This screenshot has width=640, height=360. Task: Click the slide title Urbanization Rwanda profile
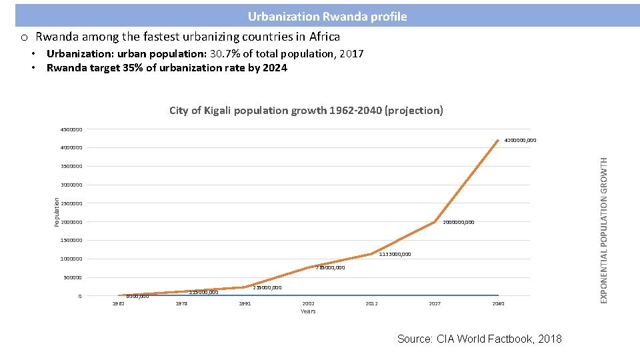pyautogui.click(x=327, y=16)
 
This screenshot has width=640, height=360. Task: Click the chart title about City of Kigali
pyautogui.click(x=306, y=110)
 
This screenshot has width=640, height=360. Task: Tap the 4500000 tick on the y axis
pyautogui.click(x=71, y=129)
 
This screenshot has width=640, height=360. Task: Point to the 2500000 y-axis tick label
pyautogui.click(x=71, y=203)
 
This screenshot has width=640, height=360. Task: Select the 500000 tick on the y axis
pyautogui.click(x=72, y=277)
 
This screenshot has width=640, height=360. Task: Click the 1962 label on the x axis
pyautogui.click(x=118, y=303)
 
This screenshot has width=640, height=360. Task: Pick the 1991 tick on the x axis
pyautogui.click(x=245, y=303)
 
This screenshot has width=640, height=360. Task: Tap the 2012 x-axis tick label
pyautogui.click(x=371, y=303)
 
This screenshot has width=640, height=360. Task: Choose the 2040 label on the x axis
pyautogui.click(x=498, y=303)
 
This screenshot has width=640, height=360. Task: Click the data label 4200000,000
pyautogui.click(x=520, y=141)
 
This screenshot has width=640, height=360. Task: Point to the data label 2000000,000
pyautogui.click(x=459, y=222)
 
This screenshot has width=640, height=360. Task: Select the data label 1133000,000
pyautogui.click(x=395, y=254)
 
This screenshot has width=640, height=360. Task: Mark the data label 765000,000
pyautogui.click(x=331, y=267)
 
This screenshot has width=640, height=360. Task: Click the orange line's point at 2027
pyautogui.click(x=435, y=222)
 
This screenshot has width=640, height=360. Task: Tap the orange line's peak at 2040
pyautogui.click(x=498, y=140)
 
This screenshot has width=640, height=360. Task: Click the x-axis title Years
pyautogui.click(x=308, y=311)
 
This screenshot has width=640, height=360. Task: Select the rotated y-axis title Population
pyautogui.click(x=57, y=211)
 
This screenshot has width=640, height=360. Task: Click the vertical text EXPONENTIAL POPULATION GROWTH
pyautogui.click(x=604, y=230)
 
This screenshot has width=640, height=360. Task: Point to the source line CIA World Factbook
pyautogui.click(x=479, y=339)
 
